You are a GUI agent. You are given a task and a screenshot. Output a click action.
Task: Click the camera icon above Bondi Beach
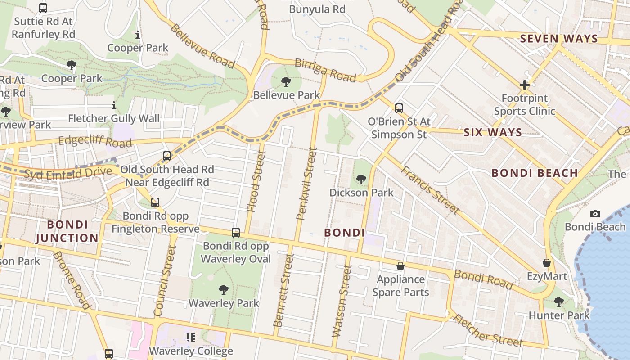[x=595, y=214]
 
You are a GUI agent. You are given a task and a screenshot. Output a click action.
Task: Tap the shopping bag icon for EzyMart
[x=547, y=263]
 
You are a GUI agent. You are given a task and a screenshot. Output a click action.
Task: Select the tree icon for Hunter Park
[x=558, y=301]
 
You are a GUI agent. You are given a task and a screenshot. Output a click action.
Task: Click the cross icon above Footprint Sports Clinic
[x=524, y=85]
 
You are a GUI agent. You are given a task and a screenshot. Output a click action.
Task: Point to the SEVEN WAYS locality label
[x=559, y=39]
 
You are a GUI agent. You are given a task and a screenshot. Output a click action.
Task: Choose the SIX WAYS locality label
[x=493, y=132]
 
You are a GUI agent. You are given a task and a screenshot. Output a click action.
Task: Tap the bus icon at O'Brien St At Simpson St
[x=399, y=108]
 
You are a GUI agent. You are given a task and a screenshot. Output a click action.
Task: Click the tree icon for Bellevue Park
[x=286, y=82]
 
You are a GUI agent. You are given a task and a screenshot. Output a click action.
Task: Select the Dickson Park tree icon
[x=361, y=180]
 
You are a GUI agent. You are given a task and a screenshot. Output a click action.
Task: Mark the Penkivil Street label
[x=307, y=184]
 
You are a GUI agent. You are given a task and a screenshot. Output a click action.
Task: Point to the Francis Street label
[x=430, y=190]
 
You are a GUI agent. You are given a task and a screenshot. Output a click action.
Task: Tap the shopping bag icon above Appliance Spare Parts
[x=400, y=266]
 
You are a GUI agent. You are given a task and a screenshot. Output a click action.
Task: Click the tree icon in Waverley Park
[x=223, y=290]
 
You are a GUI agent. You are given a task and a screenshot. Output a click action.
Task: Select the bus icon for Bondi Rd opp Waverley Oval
[x=235, y=233]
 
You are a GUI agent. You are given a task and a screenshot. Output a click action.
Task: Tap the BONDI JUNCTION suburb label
[x=67, y=231]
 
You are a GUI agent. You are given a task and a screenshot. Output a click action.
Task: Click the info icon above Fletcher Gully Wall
[x=113, y=106]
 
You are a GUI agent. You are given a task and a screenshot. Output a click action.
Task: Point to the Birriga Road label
[x=325, y=70]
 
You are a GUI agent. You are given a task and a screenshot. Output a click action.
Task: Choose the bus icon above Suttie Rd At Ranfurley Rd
[x=43, y=8]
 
